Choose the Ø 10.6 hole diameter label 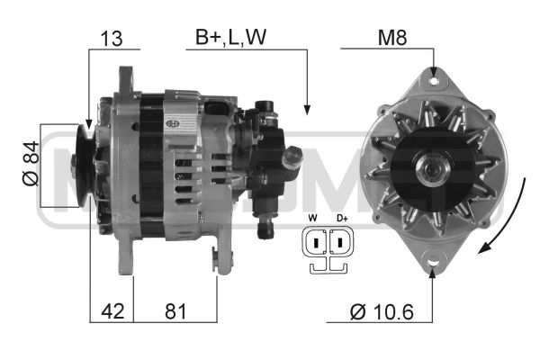click(x=382, y=312)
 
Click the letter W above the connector click(x=311, y=218)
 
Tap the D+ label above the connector click(x=342, y=218)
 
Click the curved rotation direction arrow click(x=508, y=216)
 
